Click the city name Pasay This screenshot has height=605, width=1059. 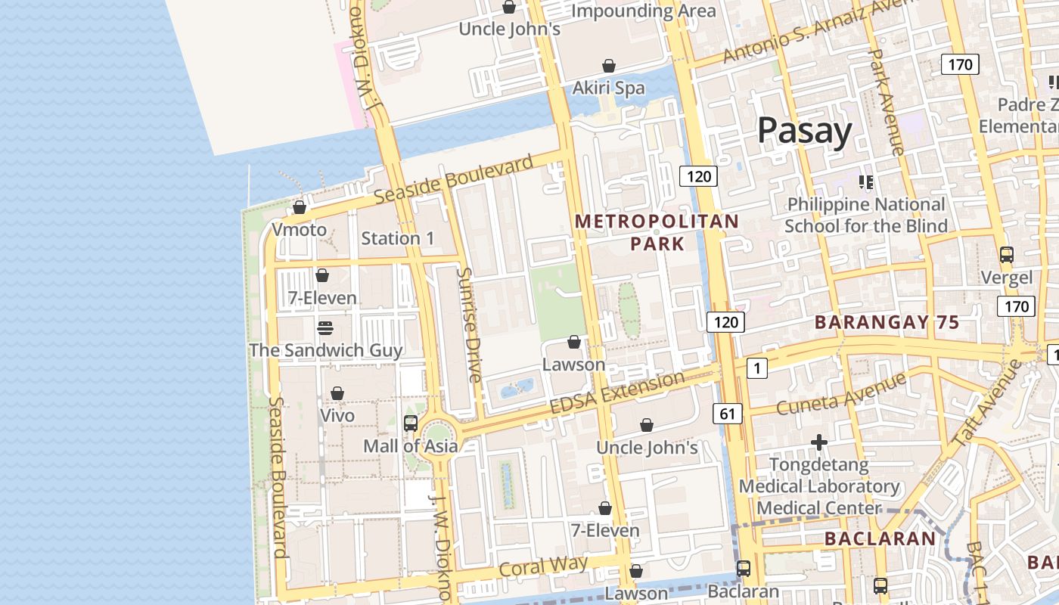(x=804, y=132)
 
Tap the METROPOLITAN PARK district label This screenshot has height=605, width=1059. (x=657, y=232)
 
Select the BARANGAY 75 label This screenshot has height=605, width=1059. (x=887, y=323)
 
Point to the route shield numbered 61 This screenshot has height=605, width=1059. (x=727, y=413)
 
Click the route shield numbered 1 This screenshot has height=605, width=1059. (x=756, y=368)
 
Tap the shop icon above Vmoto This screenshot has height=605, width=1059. (x=300, y=206)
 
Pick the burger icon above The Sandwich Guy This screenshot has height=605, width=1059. (x=325, y=327)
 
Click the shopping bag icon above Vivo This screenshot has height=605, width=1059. (x=337, y=393)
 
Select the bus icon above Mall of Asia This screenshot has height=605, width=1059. (x=411, y=423)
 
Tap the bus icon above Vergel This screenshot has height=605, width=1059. (x=1006, y=255)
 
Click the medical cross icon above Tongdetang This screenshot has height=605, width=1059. (x=819, y=442)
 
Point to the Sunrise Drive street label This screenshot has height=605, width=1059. (x=469, y=325)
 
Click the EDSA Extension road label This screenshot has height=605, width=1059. (x=617, y=392)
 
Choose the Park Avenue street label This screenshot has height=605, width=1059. (x=886, y=102)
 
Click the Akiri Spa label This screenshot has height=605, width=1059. (x=608, y=88)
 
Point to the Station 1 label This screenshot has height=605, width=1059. (x=398, y=238)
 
